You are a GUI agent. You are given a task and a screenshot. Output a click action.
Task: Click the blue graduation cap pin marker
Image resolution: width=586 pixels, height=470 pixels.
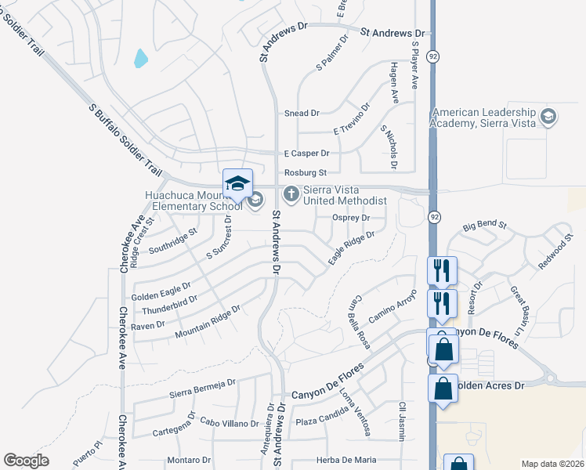238,185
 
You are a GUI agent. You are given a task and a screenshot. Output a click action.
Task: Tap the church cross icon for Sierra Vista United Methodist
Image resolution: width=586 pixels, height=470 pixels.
291,193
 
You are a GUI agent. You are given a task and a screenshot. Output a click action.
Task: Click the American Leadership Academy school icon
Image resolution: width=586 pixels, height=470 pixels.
548,118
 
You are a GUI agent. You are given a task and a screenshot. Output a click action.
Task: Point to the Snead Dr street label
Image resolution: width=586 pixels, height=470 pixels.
302,114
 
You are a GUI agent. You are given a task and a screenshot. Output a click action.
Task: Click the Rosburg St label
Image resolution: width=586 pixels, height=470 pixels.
305,172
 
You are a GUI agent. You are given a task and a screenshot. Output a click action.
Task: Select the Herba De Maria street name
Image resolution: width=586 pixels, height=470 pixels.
345,460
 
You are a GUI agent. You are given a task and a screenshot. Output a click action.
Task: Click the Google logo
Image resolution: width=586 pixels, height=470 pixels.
26,461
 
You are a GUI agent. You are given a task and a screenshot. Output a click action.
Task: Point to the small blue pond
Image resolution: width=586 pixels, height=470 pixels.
141,58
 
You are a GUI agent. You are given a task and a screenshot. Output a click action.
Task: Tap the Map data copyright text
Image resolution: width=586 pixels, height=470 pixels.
552,464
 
